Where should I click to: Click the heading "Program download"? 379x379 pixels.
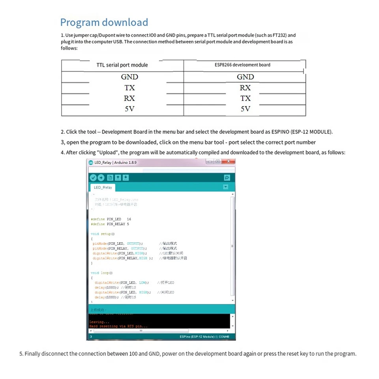tap(104, 23)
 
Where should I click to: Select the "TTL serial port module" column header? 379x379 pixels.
tap(122, 65)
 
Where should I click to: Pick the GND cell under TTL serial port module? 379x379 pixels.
tap(129, 77)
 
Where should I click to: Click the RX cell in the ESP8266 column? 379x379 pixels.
tap(245, 88)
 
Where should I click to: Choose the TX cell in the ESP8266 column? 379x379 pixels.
tap(245, 98)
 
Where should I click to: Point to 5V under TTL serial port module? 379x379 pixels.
tap(129, 109)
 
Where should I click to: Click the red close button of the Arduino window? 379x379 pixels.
tap(228, 162)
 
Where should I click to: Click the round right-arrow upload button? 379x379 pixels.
tap(101, 178)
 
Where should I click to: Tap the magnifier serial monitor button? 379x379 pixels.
tap(227, 178)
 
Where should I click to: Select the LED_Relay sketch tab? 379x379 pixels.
tap(103, 188)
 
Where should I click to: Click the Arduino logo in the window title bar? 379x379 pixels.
tap(91, 162)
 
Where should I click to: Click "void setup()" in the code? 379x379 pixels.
tap(103, 234)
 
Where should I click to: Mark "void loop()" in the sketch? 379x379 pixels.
tap(102, 273)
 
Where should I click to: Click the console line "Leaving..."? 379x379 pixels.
tap(97, 322)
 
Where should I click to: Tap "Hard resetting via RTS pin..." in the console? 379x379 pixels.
tap(118, 326)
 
